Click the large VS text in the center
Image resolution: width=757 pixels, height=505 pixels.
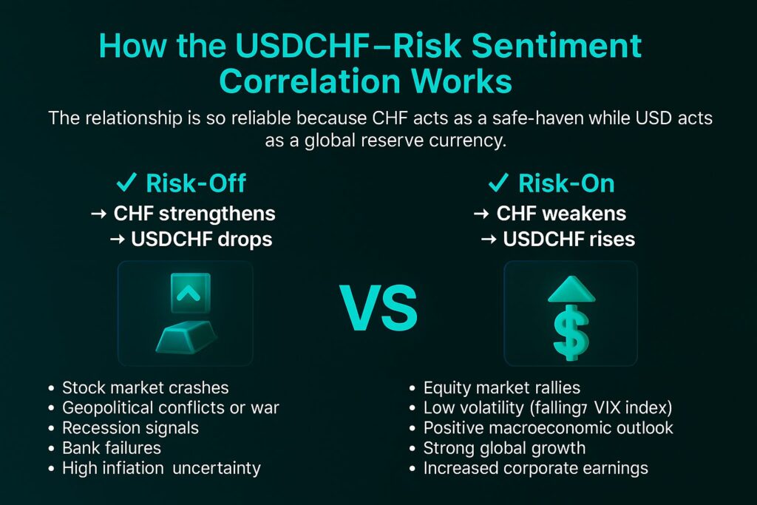click(x=378, y=308)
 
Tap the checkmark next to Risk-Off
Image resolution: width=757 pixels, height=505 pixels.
click(x=126, y=183)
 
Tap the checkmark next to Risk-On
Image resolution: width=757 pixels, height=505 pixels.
click(x=498, y=183)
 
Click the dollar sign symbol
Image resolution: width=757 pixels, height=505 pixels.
click(x=571, y=333)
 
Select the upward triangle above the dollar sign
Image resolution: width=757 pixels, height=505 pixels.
click(x=571, y=288)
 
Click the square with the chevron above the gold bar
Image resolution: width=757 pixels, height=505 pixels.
click(x=190, y=293)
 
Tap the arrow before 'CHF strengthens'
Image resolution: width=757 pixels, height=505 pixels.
click(x=98, y=214)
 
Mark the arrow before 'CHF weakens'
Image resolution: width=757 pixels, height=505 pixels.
click(x=481, y=214)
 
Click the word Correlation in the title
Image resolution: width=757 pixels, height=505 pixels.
click(x=310, y=81)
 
